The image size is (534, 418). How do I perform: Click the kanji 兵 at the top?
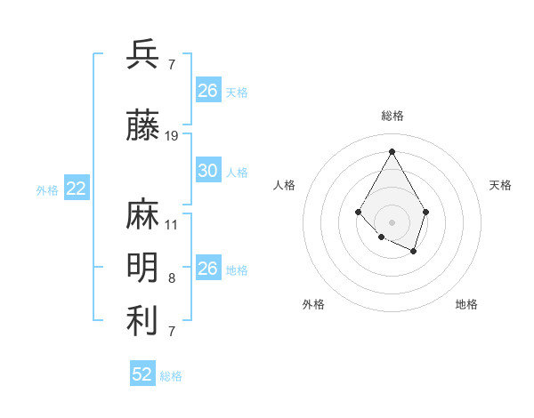pyautogui.click(x=142, y=55)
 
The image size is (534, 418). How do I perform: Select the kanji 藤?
pyautogui.click(x=142, y=127)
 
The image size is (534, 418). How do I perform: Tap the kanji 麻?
pyautogui.click(x=142, y=215)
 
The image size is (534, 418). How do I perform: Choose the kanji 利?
pyautogui.click(x=142, y=322)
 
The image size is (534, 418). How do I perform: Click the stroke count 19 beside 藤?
pyautogui.click(x=172, y=136)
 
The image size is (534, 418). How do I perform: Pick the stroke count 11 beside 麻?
pyautogui.click(x=172, y=224)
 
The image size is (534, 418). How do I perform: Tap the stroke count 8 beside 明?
pyautogui.click(x=172, y=278)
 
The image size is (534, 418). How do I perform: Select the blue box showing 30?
pyautogui.click(x=208, y=171)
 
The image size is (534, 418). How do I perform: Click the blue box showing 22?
pyautogui.click(x=77, y=189)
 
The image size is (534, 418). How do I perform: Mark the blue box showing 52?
pyautogui.click(x=142, y=374)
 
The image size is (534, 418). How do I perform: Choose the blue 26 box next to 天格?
pyautogui.click(x=208, y=91)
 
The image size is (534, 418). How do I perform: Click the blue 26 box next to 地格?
pyautogui.click(x=208, y=269)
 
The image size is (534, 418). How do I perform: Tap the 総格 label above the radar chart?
pyautogui.click(x=392, y=116)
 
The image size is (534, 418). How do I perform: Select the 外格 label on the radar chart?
pyautogui.click(x=313, y=304)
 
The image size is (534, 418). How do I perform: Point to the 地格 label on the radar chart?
pyautogui.click(x=466, y=304)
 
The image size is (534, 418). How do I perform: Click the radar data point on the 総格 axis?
pyautogui.click(x=392, y=150)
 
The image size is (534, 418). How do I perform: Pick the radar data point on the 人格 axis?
pyautogui.click(x=358, y=211)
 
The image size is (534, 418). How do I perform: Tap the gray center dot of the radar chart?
pyautogui.click(x=392, y=221)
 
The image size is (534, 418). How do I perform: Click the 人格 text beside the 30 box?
pyautogui.click(x=237, y=172)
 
